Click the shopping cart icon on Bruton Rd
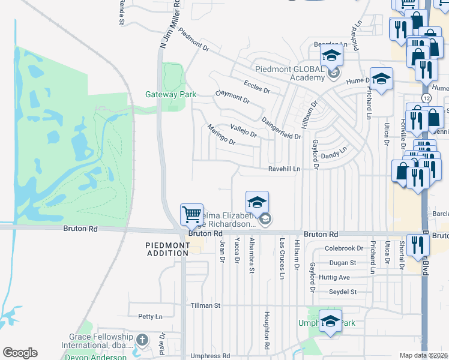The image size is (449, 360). click(191, 214)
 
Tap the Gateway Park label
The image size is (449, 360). click(166, 94)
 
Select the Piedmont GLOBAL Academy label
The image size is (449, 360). click(290, 73)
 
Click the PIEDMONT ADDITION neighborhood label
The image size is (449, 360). click(167, 249)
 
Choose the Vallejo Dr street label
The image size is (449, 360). click(244, 130)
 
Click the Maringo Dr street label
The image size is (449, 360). click(221, 134)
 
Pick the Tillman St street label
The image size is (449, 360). click(202, 305)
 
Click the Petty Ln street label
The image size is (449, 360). click(150, 316)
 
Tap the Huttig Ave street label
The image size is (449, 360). click(335, 277)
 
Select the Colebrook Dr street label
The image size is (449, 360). click(344, 248)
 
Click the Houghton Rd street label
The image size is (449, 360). click(266, 331)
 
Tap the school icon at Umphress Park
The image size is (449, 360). click(330, 321)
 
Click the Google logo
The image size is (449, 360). click(20, 353)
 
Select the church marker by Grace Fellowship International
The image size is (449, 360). click(142, 340)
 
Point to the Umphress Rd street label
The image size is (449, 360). click(209, 356)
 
